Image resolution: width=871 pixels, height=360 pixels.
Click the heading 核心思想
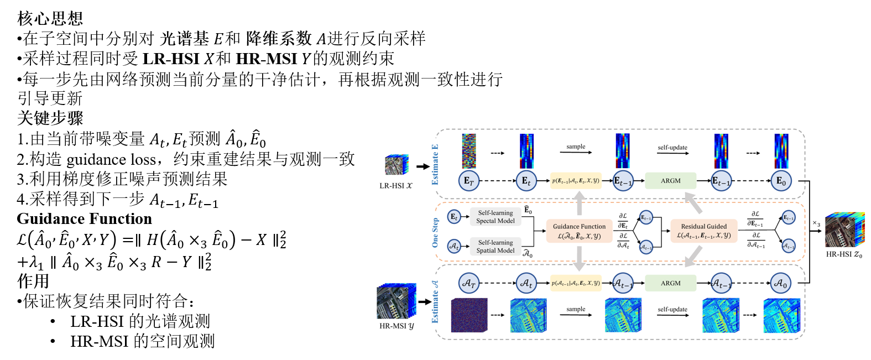click(50, 18)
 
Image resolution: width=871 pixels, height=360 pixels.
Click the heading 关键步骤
click(50, 118)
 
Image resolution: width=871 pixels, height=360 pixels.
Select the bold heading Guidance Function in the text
click(84, 219)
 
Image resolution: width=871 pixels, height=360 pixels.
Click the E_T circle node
click(468, 181)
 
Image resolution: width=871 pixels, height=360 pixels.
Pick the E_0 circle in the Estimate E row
click(780, 181)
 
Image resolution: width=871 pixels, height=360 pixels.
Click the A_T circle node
click(468, 283)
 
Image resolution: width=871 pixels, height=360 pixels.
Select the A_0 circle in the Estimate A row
click(780, 283)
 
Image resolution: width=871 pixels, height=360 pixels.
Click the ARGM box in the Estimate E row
click(670, 181)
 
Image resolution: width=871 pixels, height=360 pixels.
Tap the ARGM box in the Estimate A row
click(670, 283)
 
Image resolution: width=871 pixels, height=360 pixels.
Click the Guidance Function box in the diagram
click(579, 231)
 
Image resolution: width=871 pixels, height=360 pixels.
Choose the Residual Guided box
click(703, 231)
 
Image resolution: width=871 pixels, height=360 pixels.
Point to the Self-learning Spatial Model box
click(496, 247)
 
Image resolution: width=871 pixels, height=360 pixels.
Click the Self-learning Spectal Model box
click(496, 217)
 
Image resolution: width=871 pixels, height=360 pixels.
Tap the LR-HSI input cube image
click(397, 165)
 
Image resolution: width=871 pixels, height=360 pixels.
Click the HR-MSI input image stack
click(395, 301)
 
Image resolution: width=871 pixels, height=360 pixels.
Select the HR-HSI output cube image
click(844, 229)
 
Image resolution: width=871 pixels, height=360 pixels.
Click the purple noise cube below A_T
click(470, 315)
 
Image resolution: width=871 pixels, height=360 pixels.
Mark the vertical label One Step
click(435, 232)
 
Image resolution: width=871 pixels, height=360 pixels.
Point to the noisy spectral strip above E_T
click(469, 151)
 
